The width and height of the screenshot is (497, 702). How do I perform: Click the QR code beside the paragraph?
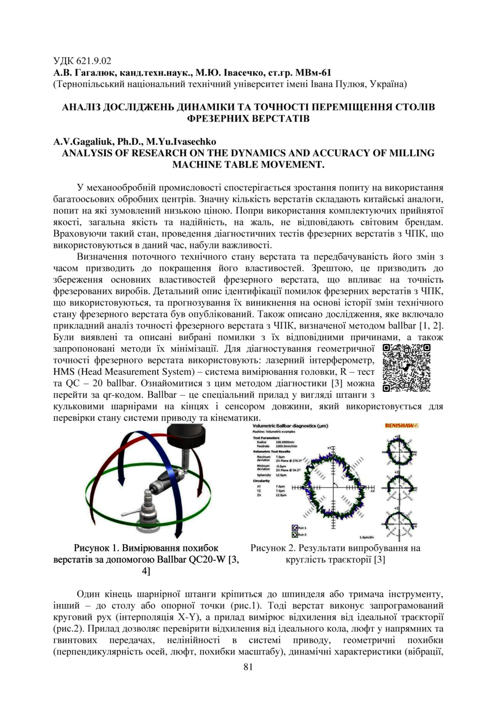pos(407,368)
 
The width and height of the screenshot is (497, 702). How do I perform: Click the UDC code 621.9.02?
pos(82,59)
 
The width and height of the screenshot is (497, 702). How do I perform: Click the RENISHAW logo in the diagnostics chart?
pos(401,425)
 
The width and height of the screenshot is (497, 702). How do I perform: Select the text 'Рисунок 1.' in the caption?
pos(95,548)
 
